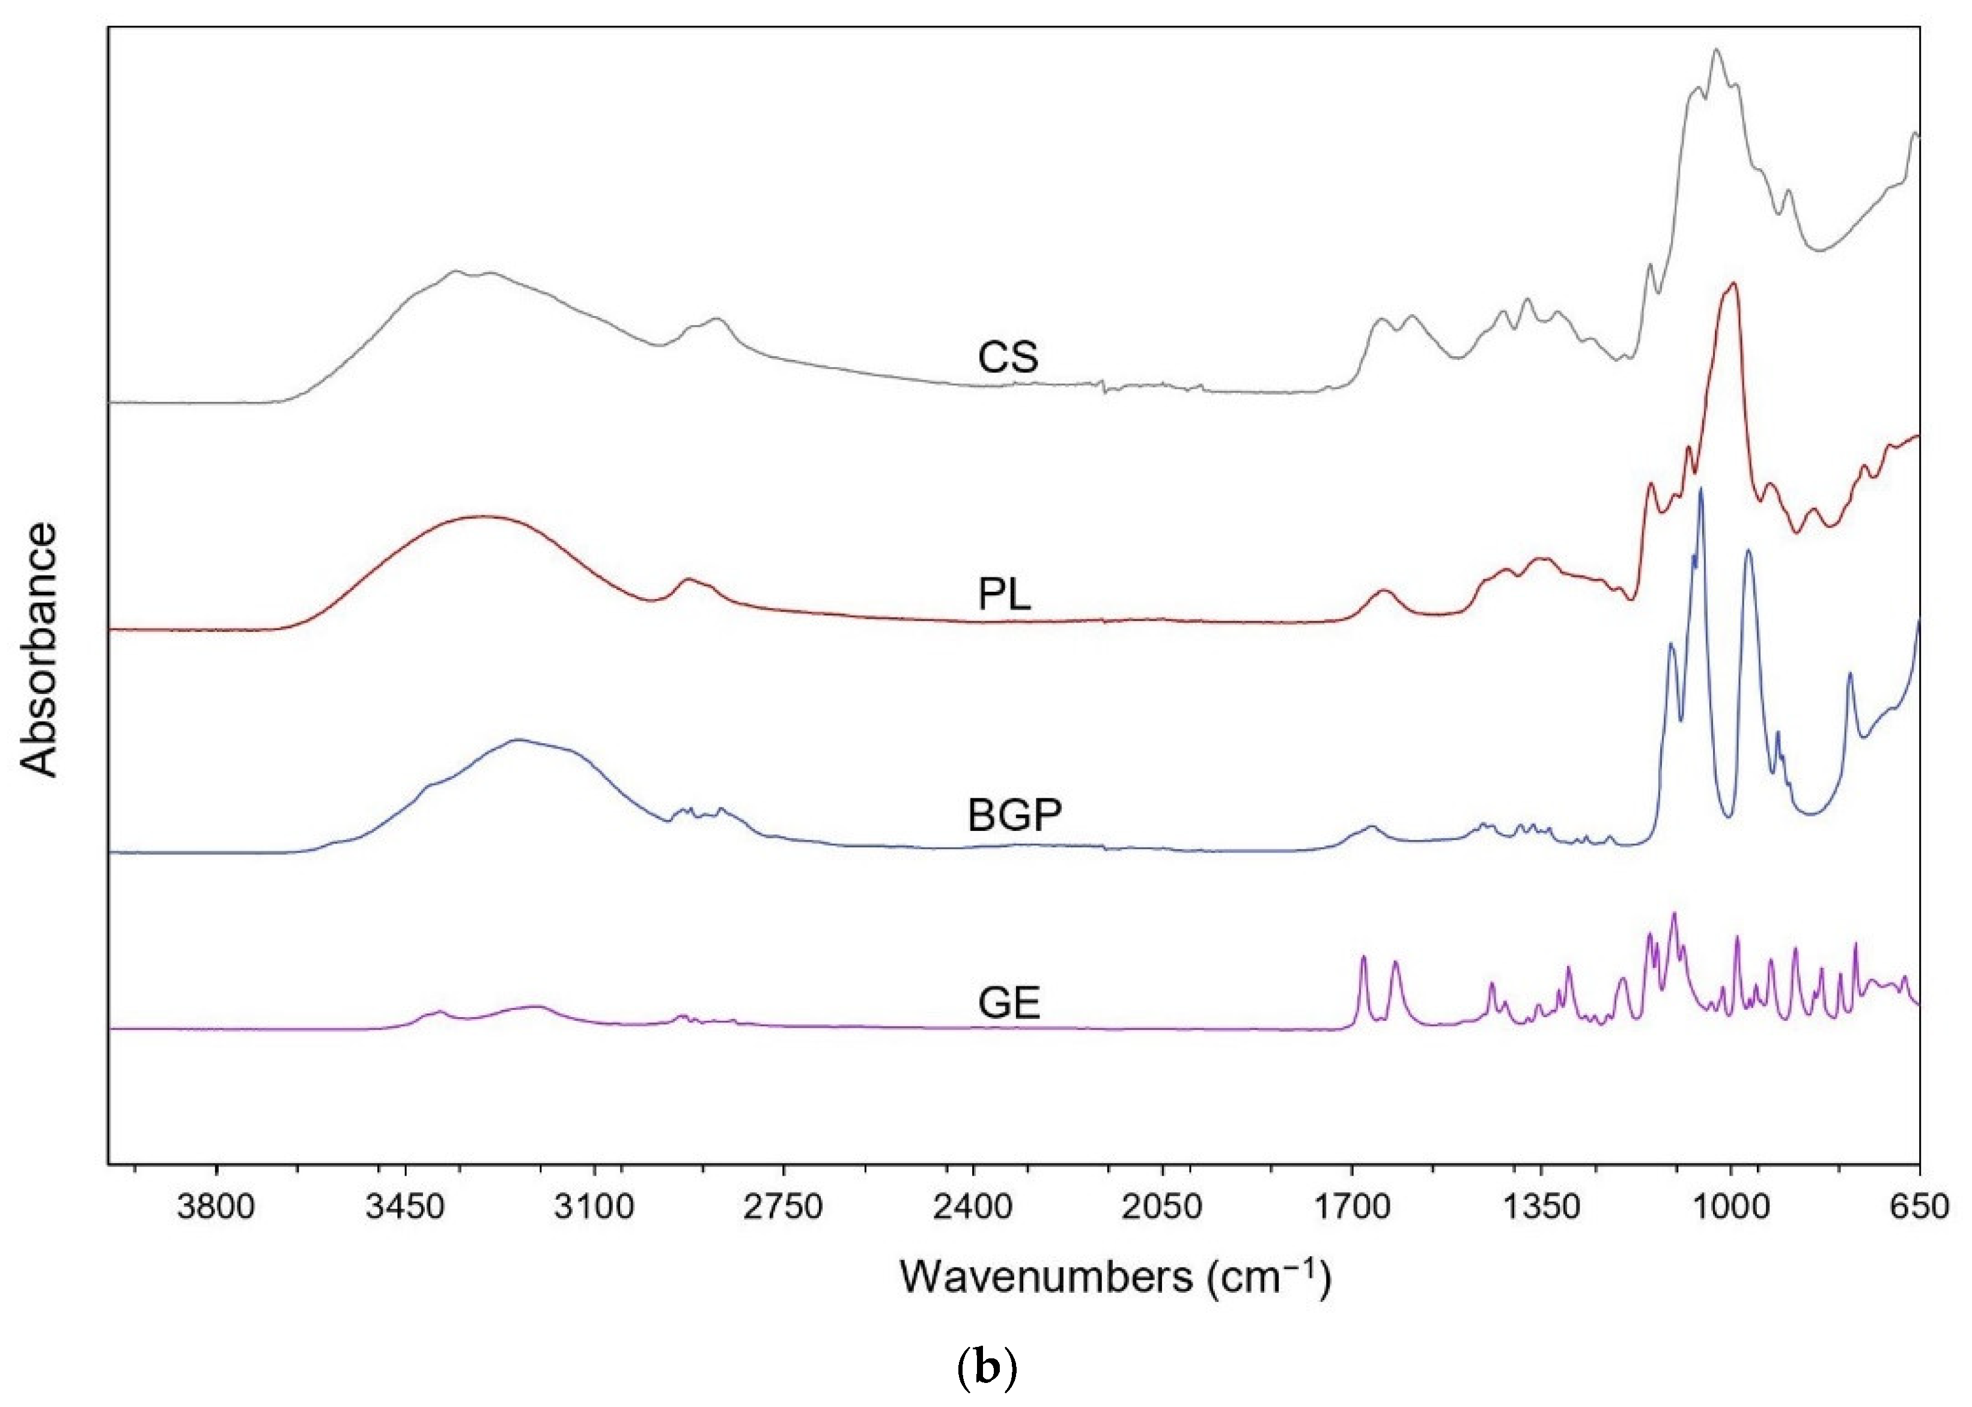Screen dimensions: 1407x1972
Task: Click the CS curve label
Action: click(x=1008, y=357)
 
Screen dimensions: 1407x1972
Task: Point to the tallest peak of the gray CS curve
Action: click(x=1715, y=74)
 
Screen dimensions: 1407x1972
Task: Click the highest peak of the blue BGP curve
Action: click(x=1701, y=490)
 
